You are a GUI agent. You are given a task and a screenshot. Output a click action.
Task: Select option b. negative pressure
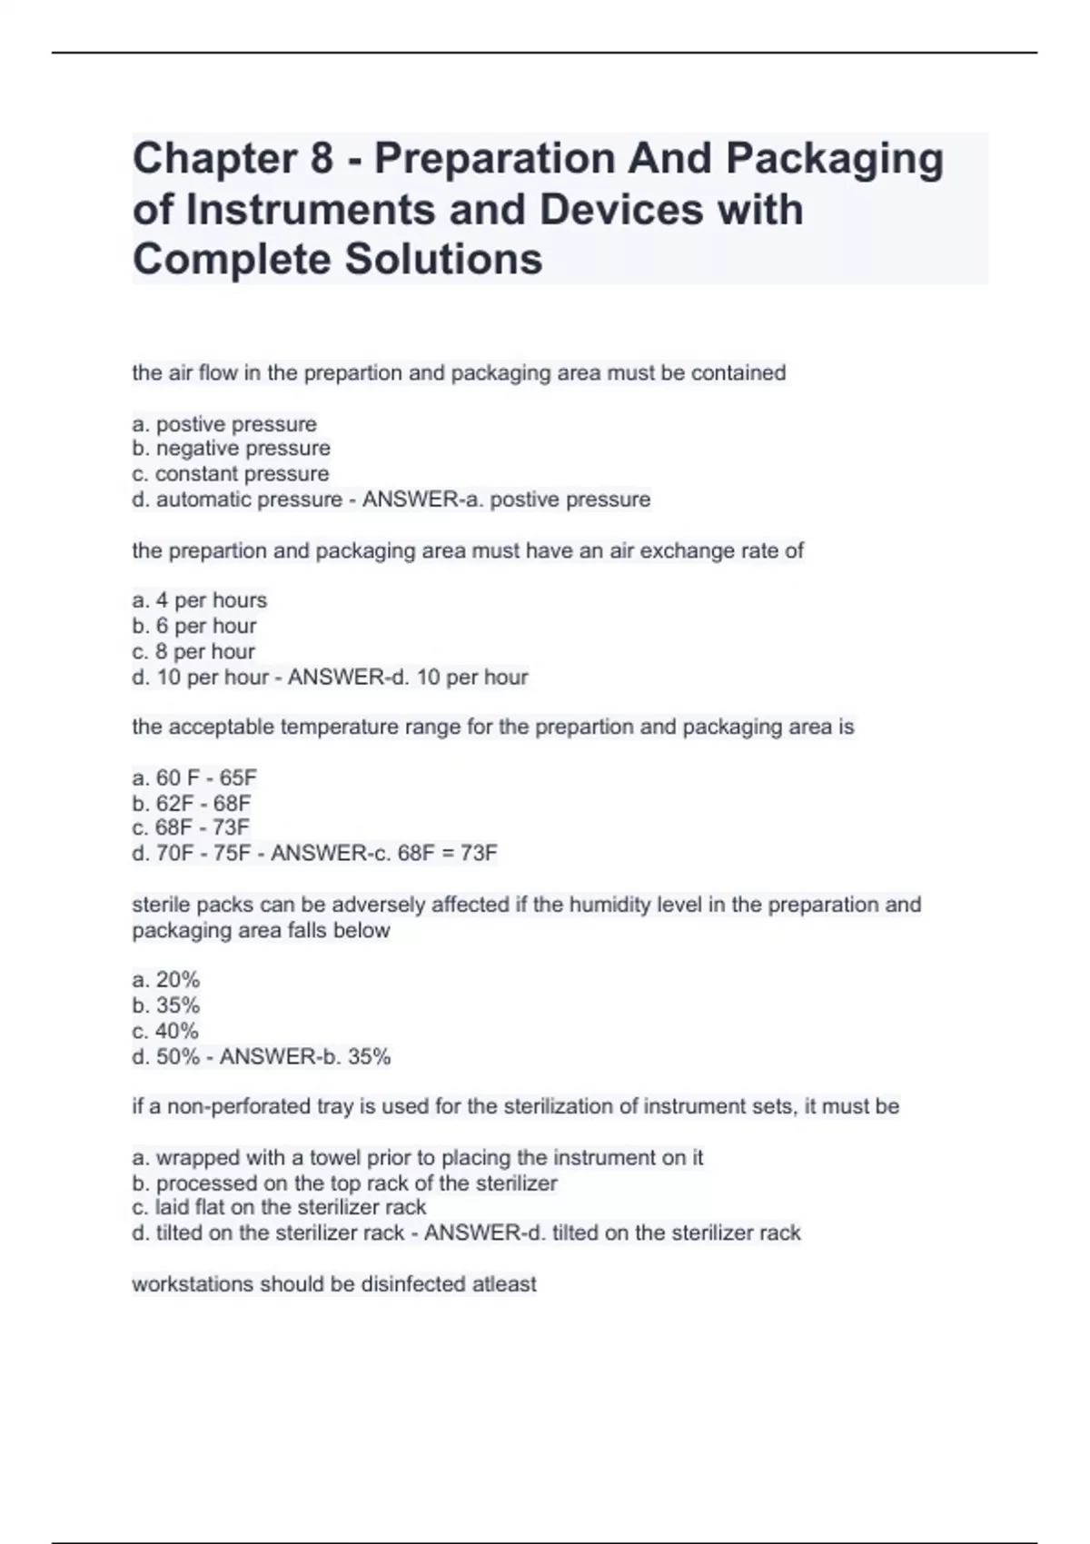pyautogui.click(x=231, y=449)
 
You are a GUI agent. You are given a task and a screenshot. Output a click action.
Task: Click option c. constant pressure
pyautogui.click(x=230, y=474)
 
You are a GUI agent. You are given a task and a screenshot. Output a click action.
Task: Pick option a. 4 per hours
pyautogui.click(x=199, y=600)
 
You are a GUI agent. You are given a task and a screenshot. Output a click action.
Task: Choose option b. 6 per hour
pyautogui.click(x=193, y=626)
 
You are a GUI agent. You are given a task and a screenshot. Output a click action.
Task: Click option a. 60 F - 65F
pyautogui.click(x=194, y=778)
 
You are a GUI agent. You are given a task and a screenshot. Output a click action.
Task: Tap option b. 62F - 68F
pyautogui.click(x=191, y=804)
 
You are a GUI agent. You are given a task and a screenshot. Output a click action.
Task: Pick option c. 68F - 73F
pyautogui.click(x=190, y=827)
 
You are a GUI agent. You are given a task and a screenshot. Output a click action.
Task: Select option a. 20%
pyautogui.click(x=165, y=980)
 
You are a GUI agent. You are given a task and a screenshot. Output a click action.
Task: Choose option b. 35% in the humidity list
pyautogui.click(x=165, y=1005)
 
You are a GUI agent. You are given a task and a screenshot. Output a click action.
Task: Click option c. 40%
pyautogui.click(x=164, y=1031)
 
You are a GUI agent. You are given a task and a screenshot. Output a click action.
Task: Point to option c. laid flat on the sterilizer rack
pyautogui.click(x=279, y=1207)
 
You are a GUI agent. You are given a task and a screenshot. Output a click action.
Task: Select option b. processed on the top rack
pyautogui.click(x=344, y=1183)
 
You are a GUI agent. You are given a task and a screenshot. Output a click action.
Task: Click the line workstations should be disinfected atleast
pyautogui.click(x=333, y=1284)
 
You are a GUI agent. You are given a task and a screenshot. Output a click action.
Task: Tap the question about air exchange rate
pyautogui.click(x=468, y=551)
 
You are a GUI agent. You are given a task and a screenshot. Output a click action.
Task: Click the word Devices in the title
pyautogui.click(x=620, y=210)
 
